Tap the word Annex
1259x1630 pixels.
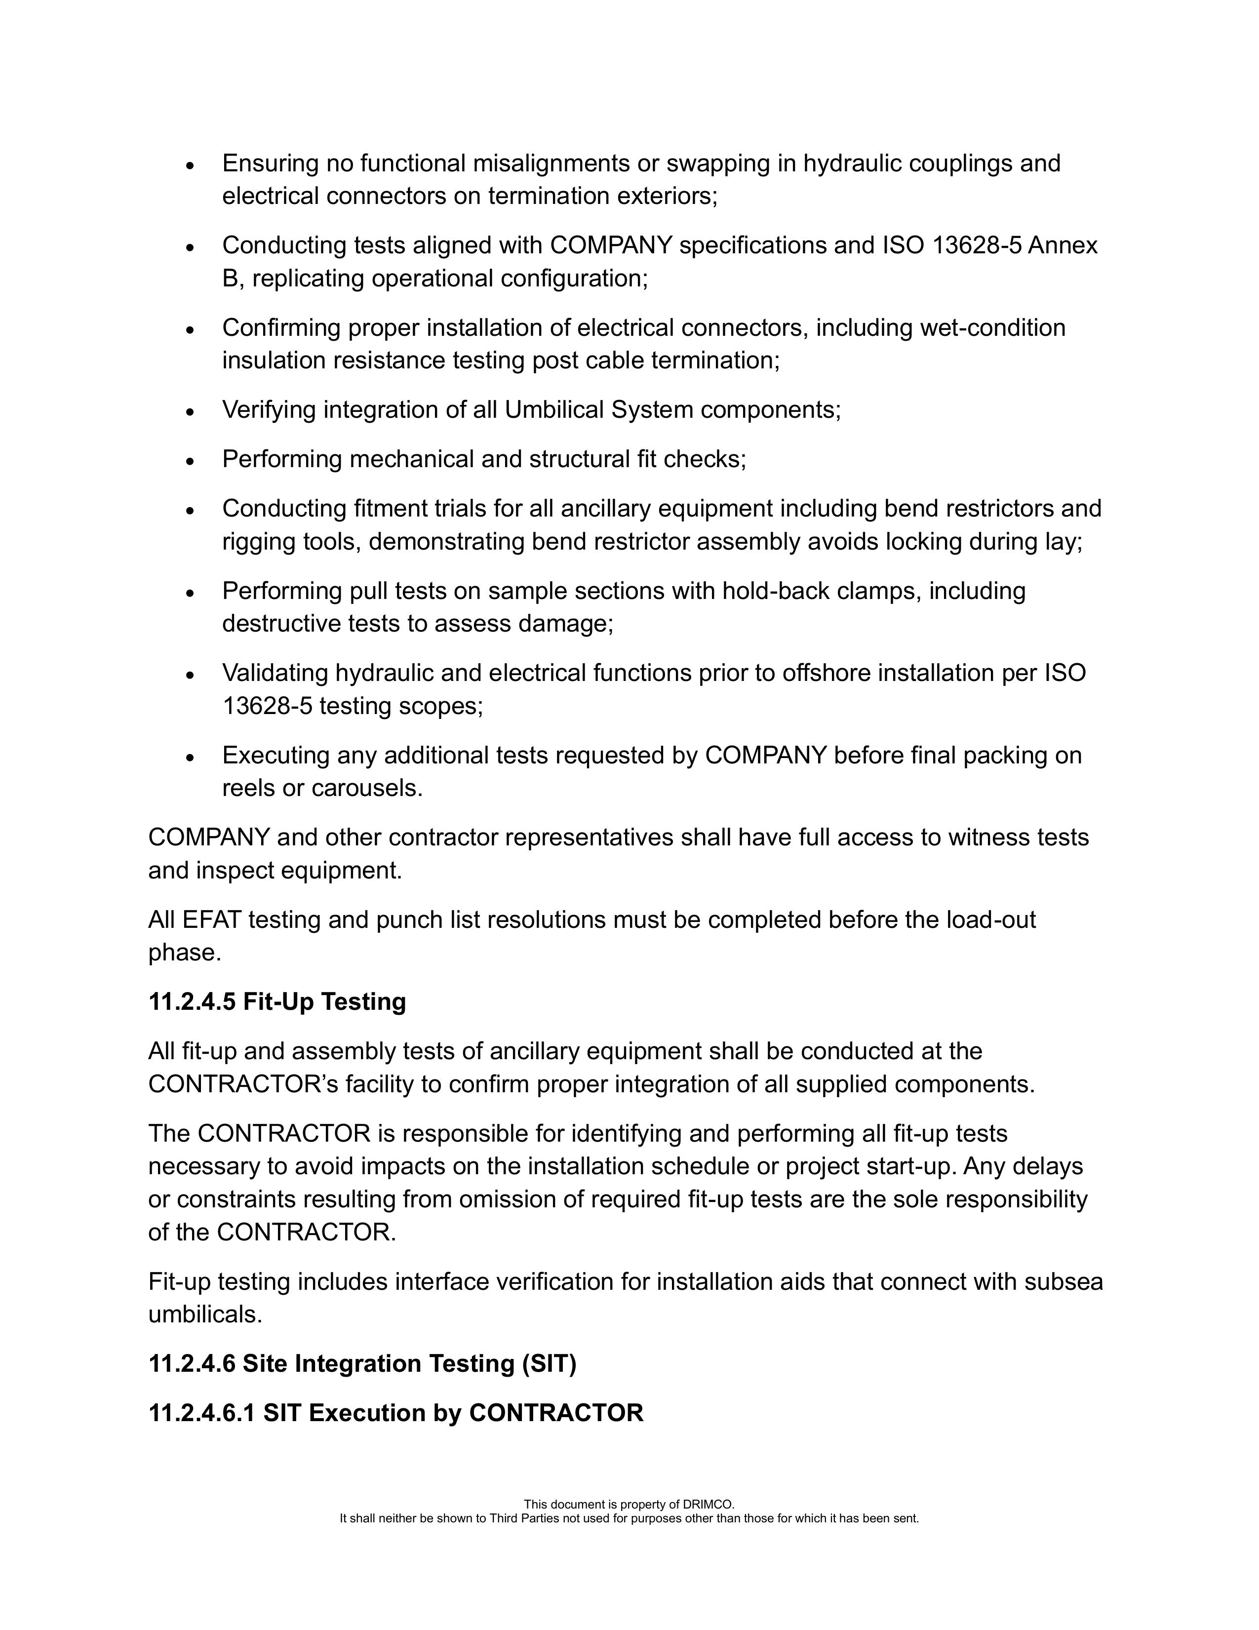(1062, 245)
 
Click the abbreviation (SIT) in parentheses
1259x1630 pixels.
(550, 1363)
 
